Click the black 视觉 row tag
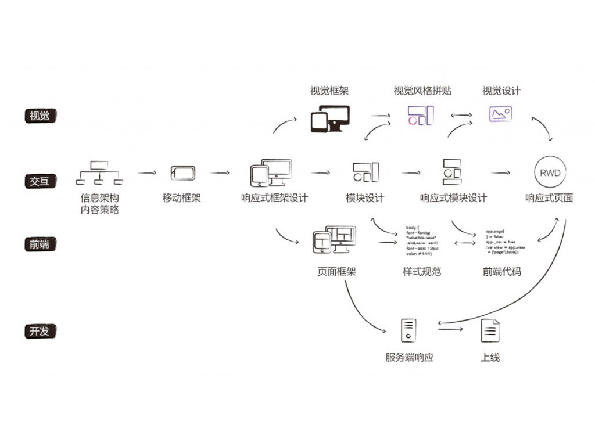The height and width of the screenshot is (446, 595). click(40, 116)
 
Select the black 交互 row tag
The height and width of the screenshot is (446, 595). click(40, 181)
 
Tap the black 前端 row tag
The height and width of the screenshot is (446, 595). click(40, 244)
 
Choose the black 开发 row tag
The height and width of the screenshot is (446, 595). click(40, 332)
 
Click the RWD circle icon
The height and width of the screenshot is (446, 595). click(549, 172)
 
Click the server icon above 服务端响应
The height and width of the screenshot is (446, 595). click(409, 330)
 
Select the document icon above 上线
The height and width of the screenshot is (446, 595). click(490, 330)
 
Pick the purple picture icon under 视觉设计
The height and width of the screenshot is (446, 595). click(500, 114)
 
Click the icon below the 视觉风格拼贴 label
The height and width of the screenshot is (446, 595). click(421, 116)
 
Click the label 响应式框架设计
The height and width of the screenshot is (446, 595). click(274, 198)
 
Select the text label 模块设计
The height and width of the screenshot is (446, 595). click(365, 198)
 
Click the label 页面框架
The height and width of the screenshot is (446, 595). click(336, 271)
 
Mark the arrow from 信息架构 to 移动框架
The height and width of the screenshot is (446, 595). click(147, 172)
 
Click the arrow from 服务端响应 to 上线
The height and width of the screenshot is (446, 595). click(450, 330)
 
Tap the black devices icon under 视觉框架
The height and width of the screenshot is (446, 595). click(330, 118)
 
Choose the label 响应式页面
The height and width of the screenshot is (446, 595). click(549, 198)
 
